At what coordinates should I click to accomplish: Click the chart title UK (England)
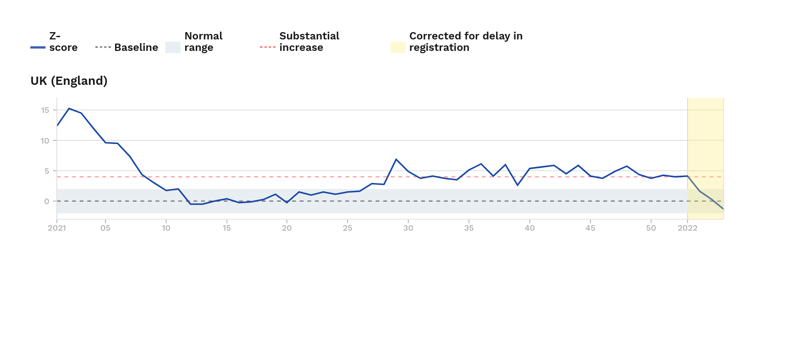pos(69,81)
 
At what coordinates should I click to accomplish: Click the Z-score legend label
pos(63,42)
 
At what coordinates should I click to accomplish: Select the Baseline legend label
pos(136,47)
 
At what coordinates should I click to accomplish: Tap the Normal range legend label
pos(203,42)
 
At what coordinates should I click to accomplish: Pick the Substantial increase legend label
pos(309,42)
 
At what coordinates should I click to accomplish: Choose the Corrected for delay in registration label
pos(465,42)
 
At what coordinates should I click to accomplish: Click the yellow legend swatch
pos(398,47)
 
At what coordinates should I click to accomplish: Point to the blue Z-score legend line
pos(38,47)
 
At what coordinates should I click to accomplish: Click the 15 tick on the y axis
pos(45,110)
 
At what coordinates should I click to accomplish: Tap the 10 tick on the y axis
pos(45,141)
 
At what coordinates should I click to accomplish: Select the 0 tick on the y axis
pos(47,201)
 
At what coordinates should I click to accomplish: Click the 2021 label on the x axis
pos(57,228)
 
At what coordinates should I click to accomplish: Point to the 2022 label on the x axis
pos(687,228)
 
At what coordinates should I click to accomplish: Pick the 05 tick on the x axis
pos(105,228)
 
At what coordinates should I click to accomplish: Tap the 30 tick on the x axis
pos(408,228)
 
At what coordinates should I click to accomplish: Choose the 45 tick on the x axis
pos(590,228)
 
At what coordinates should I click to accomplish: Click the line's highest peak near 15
pos(69,109)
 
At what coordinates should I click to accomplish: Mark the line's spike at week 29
pos(396,159)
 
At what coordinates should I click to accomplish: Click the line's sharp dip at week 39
pos(518,185)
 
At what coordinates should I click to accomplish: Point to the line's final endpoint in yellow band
pos(723,209)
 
